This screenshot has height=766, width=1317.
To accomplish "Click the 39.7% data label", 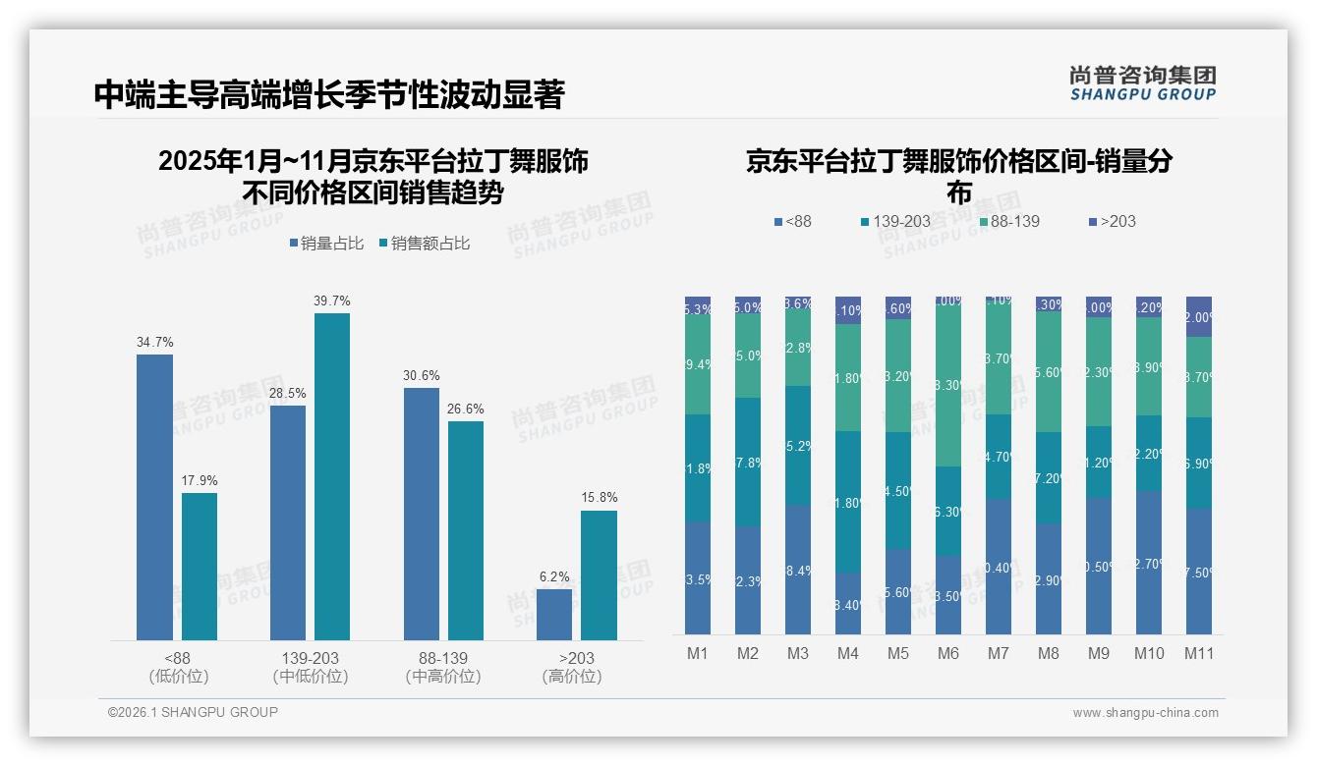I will pos(331,301).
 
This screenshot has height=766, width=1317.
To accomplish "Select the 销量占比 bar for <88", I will pos(154,497).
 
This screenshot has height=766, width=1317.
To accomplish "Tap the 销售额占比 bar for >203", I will pos(599,574).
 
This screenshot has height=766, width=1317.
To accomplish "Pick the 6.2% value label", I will pos(554,576).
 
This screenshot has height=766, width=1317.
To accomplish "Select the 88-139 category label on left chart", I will pos(443,658).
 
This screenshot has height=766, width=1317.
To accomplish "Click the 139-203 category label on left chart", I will pos(311,658).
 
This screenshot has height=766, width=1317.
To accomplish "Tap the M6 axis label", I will pos(948,653).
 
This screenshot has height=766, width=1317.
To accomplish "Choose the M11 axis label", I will pos(1199,653).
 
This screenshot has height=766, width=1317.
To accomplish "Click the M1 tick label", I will pos(698,653).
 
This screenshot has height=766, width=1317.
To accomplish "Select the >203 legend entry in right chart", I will pos(1112,221).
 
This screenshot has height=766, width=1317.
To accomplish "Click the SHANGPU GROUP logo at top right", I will pos(1142,83).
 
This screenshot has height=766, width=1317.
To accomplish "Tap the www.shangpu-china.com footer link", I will pos(1145,713).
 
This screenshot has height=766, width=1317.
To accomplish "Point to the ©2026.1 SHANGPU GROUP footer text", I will pos(193,712).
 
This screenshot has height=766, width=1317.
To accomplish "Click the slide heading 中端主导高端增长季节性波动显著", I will pos(329,94).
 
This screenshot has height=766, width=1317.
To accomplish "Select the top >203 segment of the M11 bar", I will pos(1199,316).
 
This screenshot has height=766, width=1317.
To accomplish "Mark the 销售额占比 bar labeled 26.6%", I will pos(466,530).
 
